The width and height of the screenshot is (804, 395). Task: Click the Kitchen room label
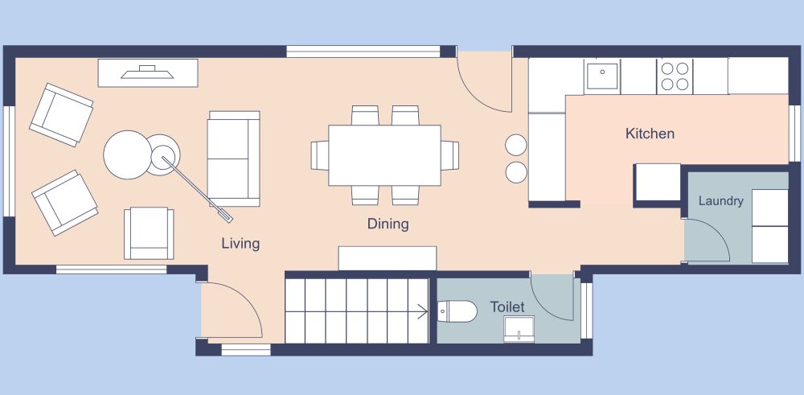point(650,134)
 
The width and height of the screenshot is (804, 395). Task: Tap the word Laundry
point(720,201)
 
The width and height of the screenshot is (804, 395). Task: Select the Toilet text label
point(507,307)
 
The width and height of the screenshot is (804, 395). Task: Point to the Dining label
point(388,224)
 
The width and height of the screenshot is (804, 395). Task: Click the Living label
point(240,243)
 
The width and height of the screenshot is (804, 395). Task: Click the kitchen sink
point(601,76)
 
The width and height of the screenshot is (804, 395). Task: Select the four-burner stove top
point(675,76)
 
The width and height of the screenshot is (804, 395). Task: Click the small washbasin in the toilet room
point(519,329)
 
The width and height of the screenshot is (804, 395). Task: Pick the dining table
point(384,154)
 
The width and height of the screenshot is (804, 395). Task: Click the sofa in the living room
point(234,158)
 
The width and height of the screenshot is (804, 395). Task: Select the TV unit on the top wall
point(148,73)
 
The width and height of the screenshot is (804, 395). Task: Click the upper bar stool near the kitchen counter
point(515,145)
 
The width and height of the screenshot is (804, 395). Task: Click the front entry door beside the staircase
point(232,310)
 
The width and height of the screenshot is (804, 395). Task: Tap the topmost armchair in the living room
point(61,114)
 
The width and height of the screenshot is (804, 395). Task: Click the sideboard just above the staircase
point(387,258)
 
